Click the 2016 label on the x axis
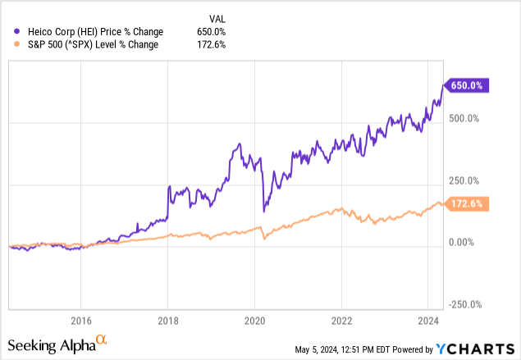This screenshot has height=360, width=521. tap(80, 321)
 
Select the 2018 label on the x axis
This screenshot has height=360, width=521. tap(167, 321)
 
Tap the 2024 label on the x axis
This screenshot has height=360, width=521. tap(428, 321)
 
